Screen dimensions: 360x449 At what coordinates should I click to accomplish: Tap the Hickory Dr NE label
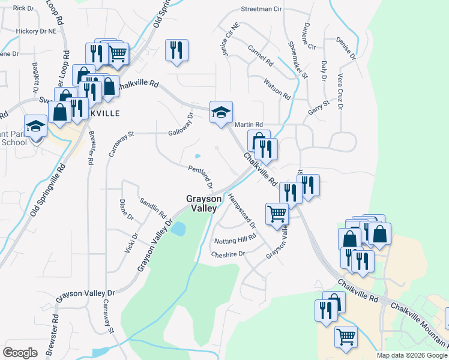click(35, 30)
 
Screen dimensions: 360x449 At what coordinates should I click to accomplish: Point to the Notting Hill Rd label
click(235, 240)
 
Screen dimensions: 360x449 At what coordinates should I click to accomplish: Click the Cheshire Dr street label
click(228, 254)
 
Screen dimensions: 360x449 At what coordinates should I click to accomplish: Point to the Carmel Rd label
click(260, 55)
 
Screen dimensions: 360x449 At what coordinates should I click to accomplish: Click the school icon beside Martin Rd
click(221, 112)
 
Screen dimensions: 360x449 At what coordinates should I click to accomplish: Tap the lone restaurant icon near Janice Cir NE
click(177, 50)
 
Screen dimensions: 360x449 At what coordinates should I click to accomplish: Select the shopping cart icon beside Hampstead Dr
click(277, 214)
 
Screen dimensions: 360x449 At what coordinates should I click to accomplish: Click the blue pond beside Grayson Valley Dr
click(178, 229)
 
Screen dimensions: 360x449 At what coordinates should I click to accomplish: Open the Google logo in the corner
click(20, 353)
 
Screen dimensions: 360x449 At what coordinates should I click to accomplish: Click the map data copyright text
click(411, 355)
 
